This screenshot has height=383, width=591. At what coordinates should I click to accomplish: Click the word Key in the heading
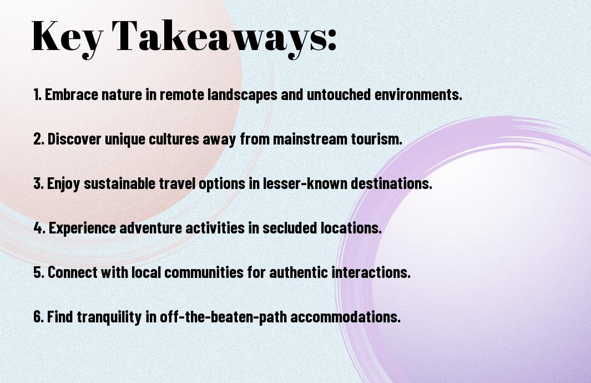67,37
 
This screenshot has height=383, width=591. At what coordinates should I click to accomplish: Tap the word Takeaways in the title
216,37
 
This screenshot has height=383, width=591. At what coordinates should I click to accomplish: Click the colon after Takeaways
331,39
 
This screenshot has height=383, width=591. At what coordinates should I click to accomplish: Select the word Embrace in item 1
71,94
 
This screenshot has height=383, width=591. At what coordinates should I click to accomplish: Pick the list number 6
39,317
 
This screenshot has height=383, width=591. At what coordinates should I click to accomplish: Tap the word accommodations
345,317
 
